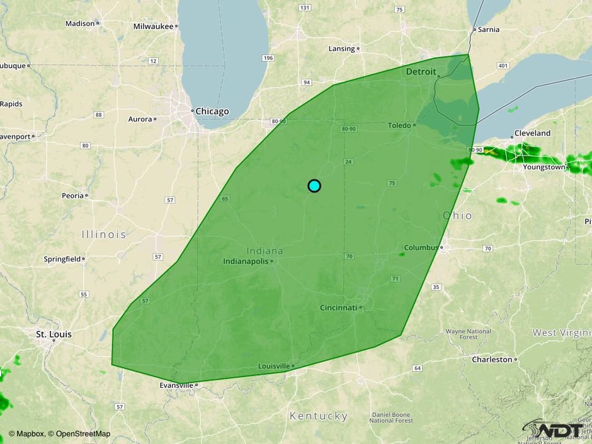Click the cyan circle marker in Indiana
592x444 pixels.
[x=314, y=186]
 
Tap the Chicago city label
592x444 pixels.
[x=212, y=111]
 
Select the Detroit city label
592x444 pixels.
[x=421, y=72]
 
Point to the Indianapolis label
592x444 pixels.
[x=246, y=261]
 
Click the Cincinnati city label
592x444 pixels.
[x=338, y=307]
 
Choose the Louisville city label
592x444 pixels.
[x=274, y=366]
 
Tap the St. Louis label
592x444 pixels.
[x=54, y=334]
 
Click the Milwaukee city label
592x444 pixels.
[x=154, y=26]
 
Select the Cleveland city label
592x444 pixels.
[x=532, y=134]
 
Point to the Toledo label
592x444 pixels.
[x=399, y=125]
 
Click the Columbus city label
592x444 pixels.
[x=421, y=248]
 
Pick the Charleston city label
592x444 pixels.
[x=492, y=360]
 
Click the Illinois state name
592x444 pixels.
[x=104, y=234]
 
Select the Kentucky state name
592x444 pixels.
[x=318, y=416]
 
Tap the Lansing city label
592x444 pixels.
[x=342, y=48]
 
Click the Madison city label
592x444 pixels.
[x=79, y=23]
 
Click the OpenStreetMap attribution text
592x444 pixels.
[x=83, y=433]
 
